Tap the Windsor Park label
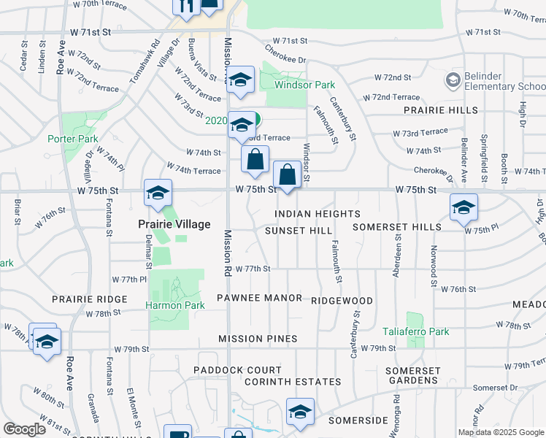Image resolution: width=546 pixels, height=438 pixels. (304, 85)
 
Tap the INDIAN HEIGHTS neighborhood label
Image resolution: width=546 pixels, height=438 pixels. (318, 214)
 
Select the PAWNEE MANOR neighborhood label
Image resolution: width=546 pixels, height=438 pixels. (260, 298)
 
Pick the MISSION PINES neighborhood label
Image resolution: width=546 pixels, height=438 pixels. (258, 339)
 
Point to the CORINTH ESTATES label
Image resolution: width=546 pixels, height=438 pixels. (293, 382)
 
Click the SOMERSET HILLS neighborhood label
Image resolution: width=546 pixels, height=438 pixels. (397, 227)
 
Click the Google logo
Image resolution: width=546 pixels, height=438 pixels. (24, 429)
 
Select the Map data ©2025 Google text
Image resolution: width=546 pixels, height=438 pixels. (500, 432)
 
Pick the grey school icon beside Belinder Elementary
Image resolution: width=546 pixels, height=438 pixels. (452, 78)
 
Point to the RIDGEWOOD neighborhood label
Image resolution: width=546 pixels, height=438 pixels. (342, 301)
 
